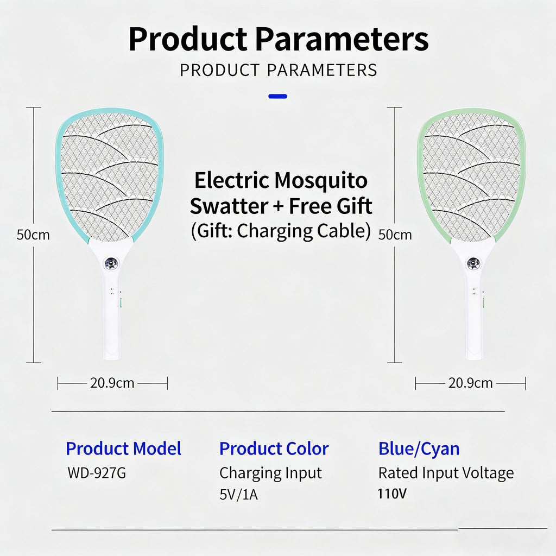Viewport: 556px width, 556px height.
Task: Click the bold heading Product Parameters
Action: coord(278,39)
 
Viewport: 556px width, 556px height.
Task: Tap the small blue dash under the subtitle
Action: coord(278,97)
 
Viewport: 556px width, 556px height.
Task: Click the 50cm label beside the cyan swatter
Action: coord(33,235)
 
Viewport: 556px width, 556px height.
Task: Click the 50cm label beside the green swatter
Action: coord(395,235)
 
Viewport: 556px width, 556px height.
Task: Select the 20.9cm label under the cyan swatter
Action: coord(112,383)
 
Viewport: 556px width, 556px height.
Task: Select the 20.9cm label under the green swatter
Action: coord(470,383)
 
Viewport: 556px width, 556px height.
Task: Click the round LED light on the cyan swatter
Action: coord(112,264)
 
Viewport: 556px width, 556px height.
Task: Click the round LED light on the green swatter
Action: coord(473,264)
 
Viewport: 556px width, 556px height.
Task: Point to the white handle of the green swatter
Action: coord(474,320)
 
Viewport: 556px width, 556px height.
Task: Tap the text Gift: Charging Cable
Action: coord(281,231)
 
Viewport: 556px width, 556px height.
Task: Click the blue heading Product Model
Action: coord(123,449)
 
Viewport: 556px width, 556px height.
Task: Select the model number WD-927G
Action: coord(97,473)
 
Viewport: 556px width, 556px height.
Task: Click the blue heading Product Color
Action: coord(274,449)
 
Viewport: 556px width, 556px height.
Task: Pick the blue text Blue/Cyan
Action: coord(419,449)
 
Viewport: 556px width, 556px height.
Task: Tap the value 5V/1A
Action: coord(239,495)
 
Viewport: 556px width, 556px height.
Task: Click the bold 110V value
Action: coord(392,494)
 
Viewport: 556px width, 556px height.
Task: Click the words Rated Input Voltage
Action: coord(445,473)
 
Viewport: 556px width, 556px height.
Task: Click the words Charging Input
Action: coord(270,473)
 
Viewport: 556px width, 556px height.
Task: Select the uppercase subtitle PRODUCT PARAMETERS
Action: coord(278,70)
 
